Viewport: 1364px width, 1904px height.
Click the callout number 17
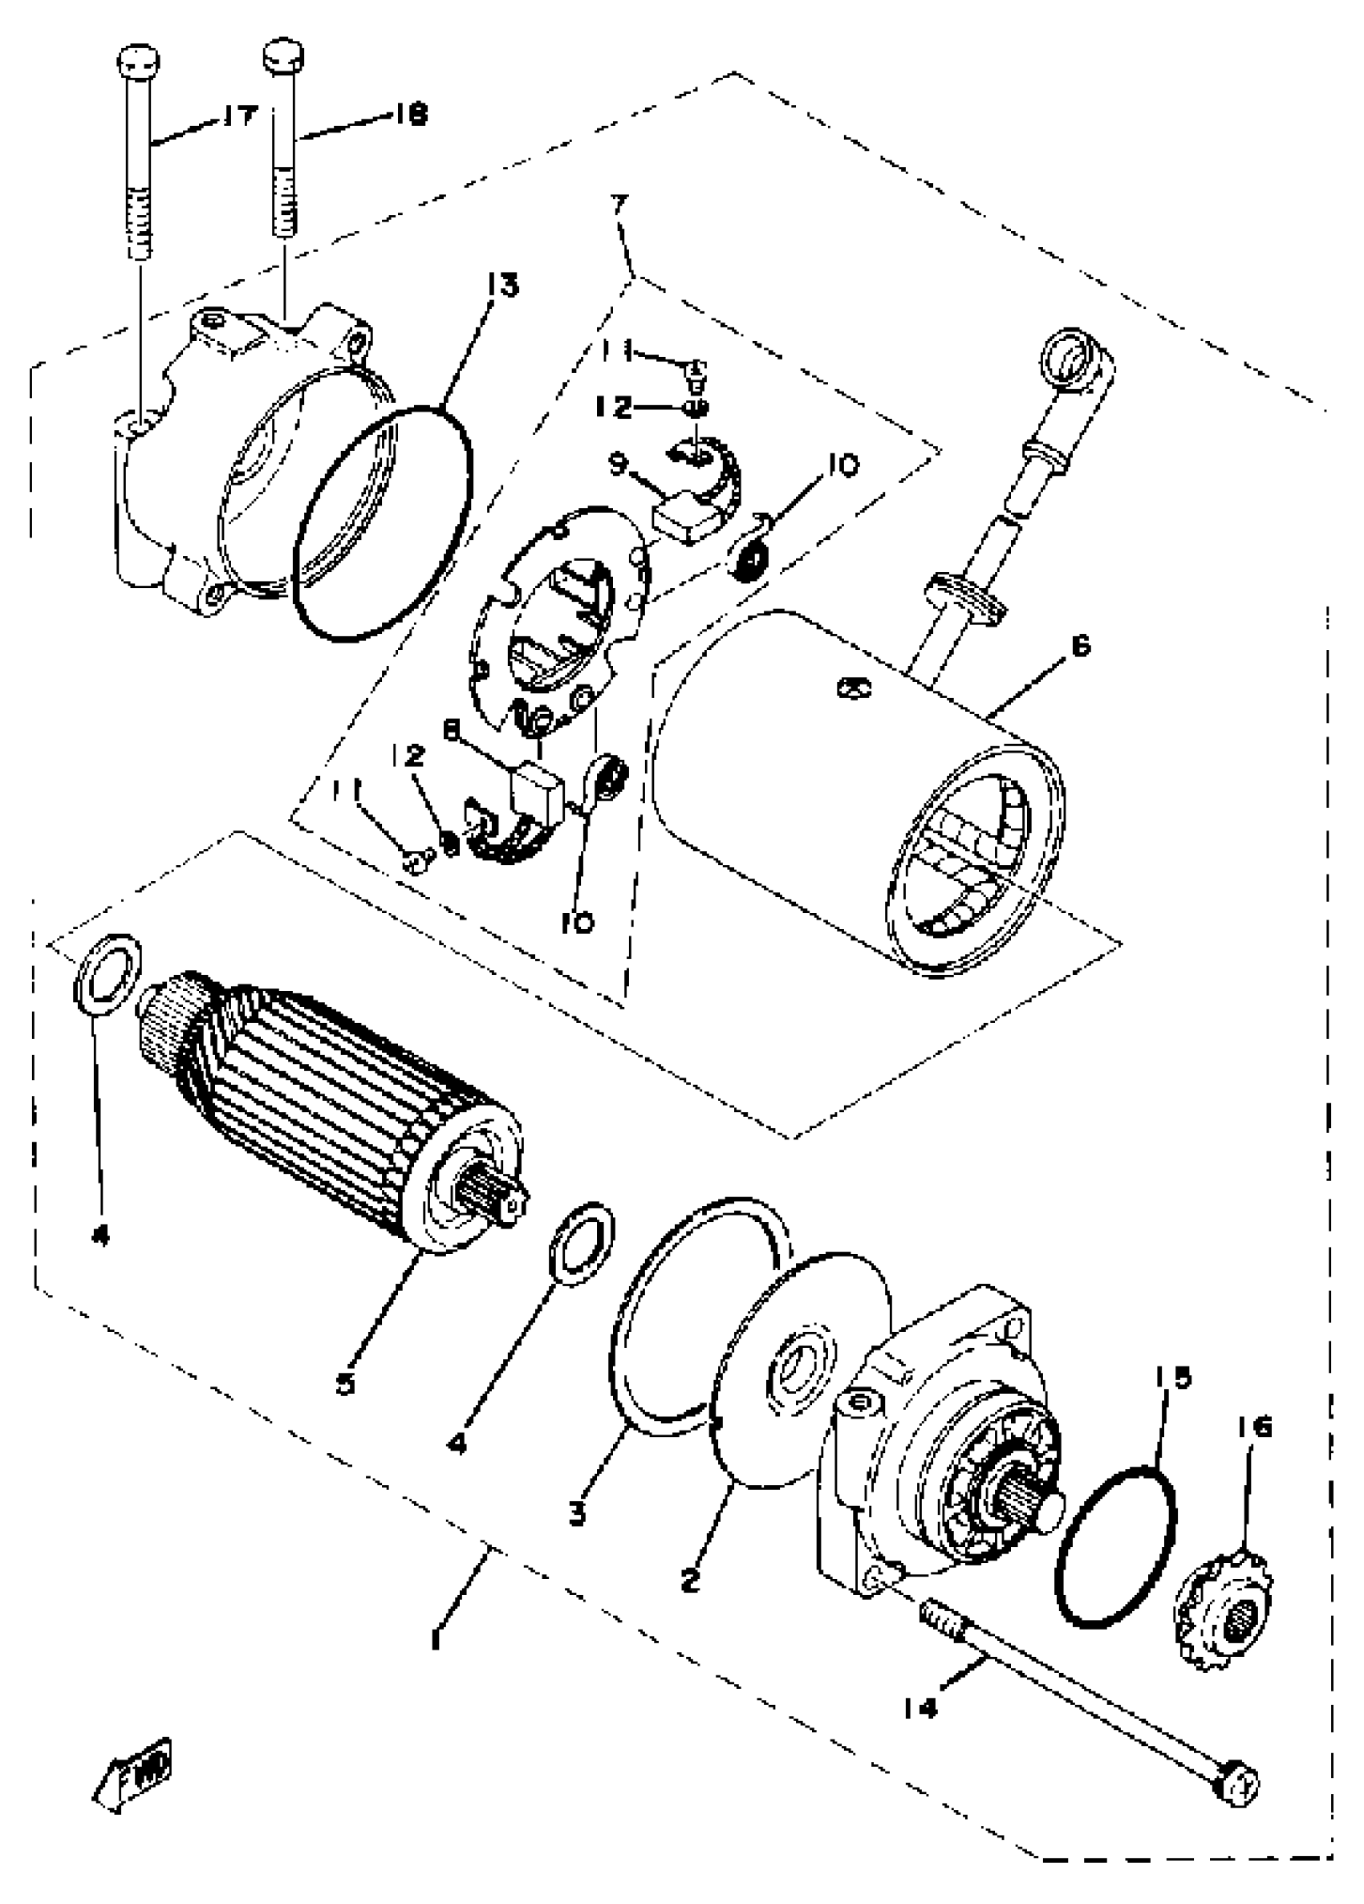[239, 115]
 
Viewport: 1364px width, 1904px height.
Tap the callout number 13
[503, 286]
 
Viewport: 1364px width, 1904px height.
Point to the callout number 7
[619, 205]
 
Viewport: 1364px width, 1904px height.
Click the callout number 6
[1080, 646]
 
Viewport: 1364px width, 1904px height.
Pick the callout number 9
[619, 464]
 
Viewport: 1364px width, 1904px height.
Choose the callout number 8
[452, 732]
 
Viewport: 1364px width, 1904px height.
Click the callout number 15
[1171, 1378]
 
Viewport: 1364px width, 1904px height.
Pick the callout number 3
[577, 1516]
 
